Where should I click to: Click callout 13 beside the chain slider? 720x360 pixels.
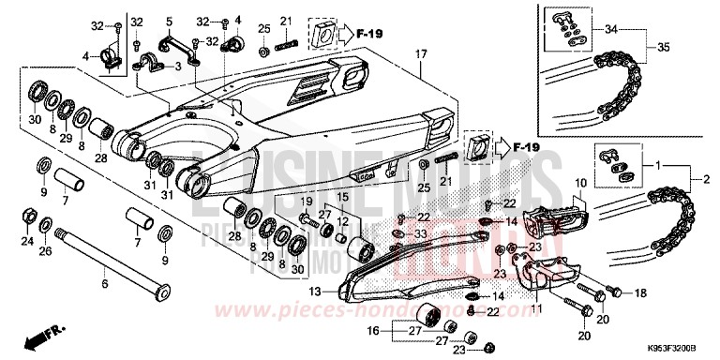point(316,292)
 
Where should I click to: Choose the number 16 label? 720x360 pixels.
point(372,331)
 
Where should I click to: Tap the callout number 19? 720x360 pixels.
point(306,202)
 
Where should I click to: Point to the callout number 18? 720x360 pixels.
point(640,294)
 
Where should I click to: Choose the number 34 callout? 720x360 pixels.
point(639,31)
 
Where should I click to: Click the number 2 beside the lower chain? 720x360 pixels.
point(704,177)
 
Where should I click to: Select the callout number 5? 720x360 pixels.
point(170,21)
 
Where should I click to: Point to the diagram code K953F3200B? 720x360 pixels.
point(674,345)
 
